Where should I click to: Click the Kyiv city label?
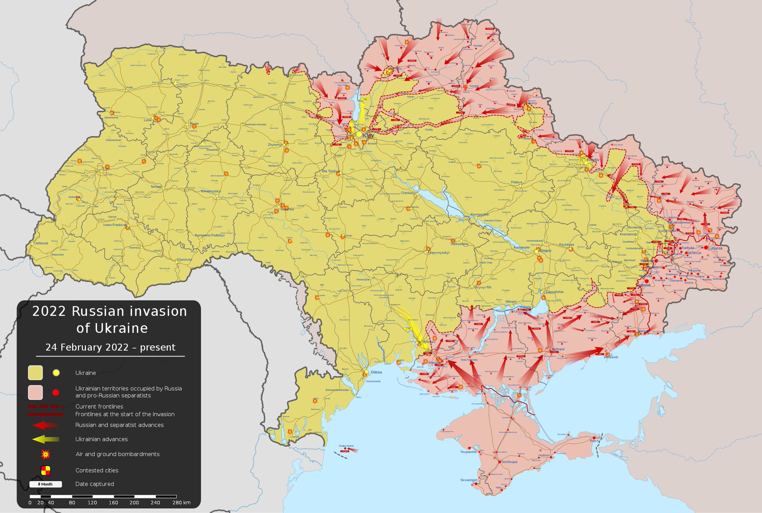pos(368,136)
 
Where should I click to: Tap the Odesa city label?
pos(376,372)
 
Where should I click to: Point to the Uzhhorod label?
pos(41,243)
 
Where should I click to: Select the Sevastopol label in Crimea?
pos(468,480)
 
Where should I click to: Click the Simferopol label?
pos(509,462)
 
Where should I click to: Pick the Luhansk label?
pos(715,248)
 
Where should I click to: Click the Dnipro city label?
pos(546,251)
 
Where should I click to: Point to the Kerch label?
pos(594,441)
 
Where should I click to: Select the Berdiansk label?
pos(611,357)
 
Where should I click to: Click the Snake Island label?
pos(346,446)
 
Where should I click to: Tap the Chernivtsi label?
pos(184,260)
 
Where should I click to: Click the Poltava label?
pos(516,182)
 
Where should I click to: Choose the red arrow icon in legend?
pos(45,425)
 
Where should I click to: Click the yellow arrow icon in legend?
pos(45,440)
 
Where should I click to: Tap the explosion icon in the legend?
pos(46,454)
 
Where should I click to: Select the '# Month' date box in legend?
pos(45,484)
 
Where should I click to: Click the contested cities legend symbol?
pos(46,471)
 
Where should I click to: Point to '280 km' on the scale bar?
pos(181,503)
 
